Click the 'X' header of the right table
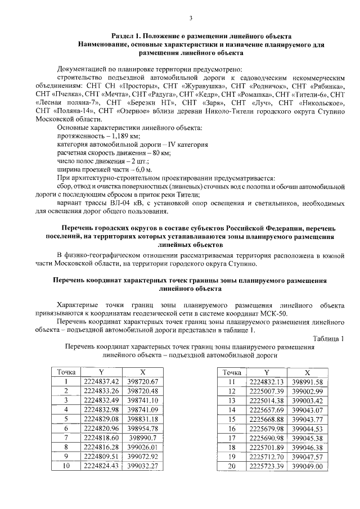(307, 372)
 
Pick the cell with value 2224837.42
(101, 381)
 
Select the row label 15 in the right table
(231, 418)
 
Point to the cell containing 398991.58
(307, 381)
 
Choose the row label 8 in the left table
(66, 446)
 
